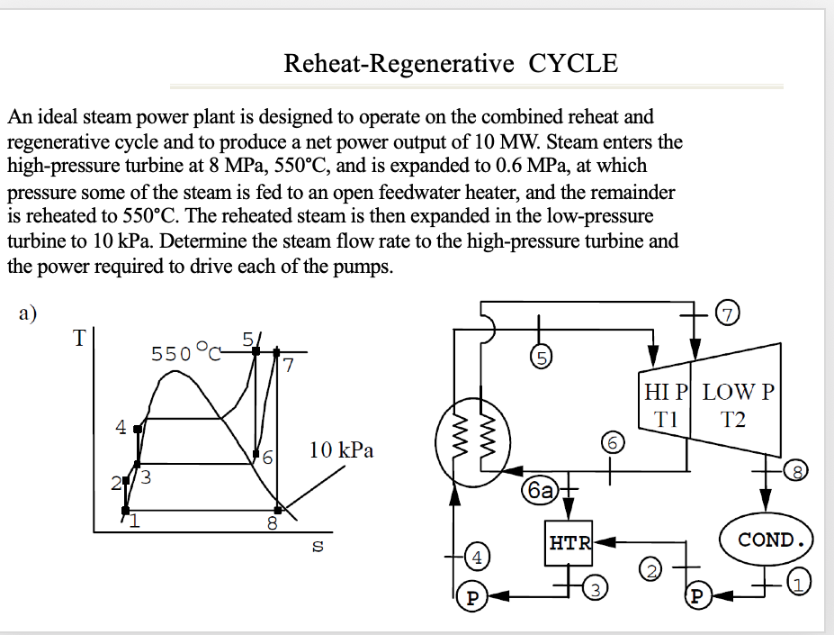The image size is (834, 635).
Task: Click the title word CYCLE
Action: pos(573,64)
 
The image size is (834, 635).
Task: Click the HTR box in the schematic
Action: pos(570,543)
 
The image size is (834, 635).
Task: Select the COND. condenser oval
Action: pos(772,540)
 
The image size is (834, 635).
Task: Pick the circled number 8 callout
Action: pos(797,468)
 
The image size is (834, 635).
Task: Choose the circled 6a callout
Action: pos(542,490)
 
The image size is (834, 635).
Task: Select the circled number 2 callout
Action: pos(650,569)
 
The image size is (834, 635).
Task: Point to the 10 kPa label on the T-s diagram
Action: pos(341,449)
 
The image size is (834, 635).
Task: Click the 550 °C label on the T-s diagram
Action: pos(185,353)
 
